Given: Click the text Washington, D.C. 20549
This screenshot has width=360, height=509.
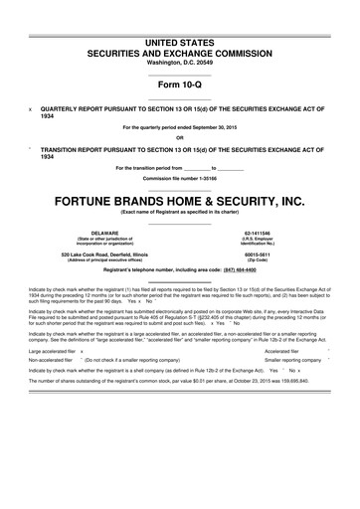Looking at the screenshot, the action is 179,62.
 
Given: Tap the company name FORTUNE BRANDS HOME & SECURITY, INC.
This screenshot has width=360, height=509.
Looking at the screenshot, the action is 179,202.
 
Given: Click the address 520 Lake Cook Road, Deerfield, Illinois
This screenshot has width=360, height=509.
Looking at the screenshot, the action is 90,254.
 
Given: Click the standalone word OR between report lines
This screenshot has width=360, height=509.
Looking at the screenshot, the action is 179,138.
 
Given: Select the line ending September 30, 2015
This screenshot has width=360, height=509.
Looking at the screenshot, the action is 179,127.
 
